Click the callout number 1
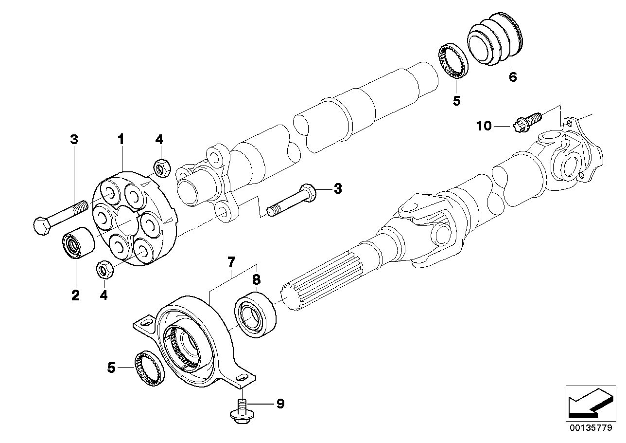[121, 140]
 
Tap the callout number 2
[75, 295]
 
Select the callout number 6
[513, 77]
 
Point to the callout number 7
[231, 263]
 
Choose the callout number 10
[484, 126]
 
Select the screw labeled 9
[240, 409]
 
